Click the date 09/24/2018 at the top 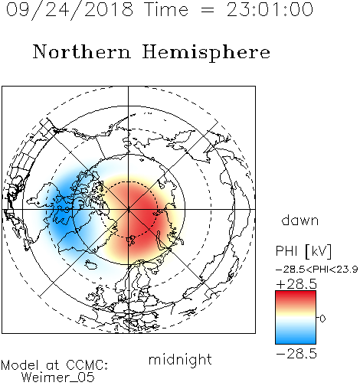click(x=70, y=10)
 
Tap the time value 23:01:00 click(x=270, y=10)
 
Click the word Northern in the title click(x=82, y=51)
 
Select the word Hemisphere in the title click(x=206, y=53)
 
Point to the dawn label click(x=300, y=220)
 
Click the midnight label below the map click(x=180, y=361)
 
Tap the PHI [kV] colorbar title click(x=303, y=251)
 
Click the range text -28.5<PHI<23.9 click(x=316, y=270)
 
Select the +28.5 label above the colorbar click(x=296, y=284)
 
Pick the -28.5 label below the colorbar click(x=296, y=354)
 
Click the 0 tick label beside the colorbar click(x=322, y=319)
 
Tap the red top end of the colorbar click(x=296, y=293)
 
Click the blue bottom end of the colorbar click(x=296, y=341)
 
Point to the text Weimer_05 click(x=58, y=378)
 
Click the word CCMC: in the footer click(x=87, y=365)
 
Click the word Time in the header click(x=166, y=10)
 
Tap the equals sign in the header click(x=207, y=11)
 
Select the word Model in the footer click(x=20, y=365)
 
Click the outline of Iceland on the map click(x=91, y=265)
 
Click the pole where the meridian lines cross click(x=129, y=210)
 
